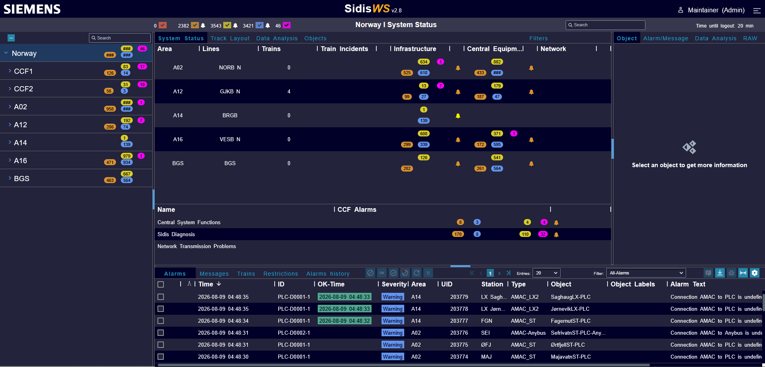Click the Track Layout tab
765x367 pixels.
tap(230, 38)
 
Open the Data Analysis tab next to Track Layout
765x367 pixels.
tap(277, 38)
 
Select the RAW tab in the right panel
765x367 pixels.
tap(750, 38)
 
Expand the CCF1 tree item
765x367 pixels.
tap(10, 71)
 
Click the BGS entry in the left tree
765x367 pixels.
tap(22, 178)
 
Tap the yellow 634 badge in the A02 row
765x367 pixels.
tap(423, 62)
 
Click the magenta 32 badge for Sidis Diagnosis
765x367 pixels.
tap(543, 234)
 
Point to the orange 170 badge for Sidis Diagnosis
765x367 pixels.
tap(458, 234)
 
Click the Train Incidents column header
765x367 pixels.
tap(344, 49)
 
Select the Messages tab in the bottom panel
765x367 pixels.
tap(214, 274)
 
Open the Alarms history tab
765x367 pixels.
tap(328, 274)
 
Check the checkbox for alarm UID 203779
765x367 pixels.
tap(161, 297)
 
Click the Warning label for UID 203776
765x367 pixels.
tap(393, 333)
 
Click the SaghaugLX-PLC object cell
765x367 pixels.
tap(570, 297)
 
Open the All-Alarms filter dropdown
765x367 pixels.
tap(646, 273)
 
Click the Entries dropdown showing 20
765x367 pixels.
tap(546, 273)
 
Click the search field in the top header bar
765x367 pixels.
tap(605, 25)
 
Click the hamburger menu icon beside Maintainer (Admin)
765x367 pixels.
tap(757, 10)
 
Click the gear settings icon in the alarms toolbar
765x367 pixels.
tap(754, 273)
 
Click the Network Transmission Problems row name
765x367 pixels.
tap(197, 246)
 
